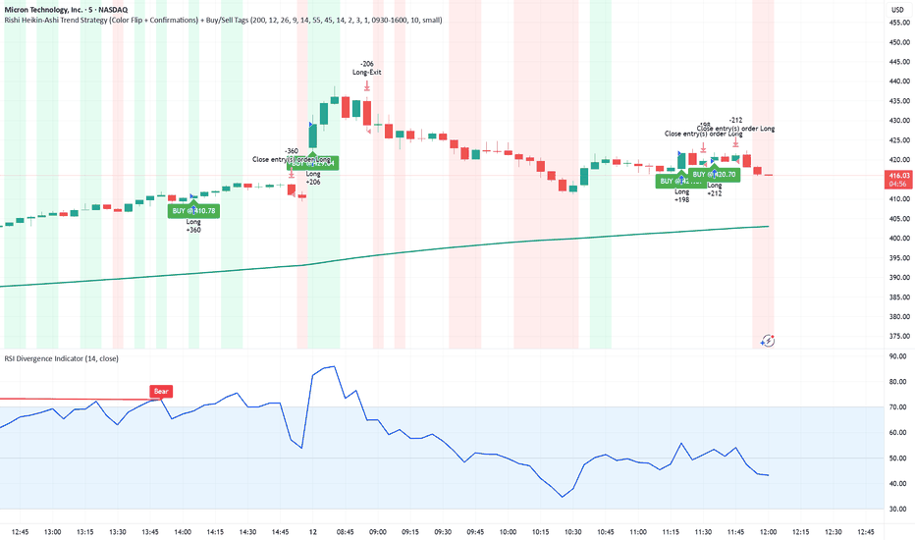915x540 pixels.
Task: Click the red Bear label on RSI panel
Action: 161,391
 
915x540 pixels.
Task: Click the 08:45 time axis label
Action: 345,531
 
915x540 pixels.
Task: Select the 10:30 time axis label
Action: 571,531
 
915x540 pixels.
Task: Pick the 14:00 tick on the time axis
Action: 183,531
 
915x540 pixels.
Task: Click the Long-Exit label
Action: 366,72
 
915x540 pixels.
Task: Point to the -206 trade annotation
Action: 366,62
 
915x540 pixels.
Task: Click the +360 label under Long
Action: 193,231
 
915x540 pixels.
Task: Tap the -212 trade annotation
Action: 735,120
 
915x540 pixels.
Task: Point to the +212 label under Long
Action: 714,193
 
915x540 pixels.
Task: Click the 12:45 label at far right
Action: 864,531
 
